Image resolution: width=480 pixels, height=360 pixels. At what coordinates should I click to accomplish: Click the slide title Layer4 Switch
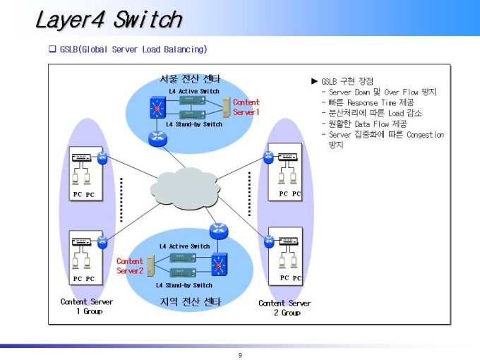(x=109, y=20)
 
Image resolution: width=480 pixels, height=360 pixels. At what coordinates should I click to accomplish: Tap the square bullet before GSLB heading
(x=52, y=49)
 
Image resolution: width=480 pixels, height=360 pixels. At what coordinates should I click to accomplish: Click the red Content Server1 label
(x=246, y=107)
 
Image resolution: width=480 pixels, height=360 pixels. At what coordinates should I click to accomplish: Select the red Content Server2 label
(x=130, y=265)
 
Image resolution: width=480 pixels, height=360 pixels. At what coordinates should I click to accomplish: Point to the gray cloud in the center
(x=185, y=188)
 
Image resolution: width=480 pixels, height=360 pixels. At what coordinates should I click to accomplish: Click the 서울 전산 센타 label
(x=190, y=79)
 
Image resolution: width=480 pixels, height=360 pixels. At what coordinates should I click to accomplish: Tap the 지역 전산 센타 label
(x=191, y=302)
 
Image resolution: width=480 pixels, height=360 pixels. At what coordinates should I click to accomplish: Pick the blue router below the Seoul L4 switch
(x=157, y=138)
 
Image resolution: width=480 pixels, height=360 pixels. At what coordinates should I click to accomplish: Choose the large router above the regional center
(x=219, y=231)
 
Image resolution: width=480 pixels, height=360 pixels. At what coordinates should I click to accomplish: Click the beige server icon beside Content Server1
(x=227, y=107)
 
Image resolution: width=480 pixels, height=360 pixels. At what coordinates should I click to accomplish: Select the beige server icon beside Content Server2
(x=150, y=265)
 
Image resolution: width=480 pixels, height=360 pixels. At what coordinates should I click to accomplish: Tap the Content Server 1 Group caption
(x=87, y=306)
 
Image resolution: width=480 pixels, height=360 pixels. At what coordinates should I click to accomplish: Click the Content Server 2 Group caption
(x=284, y=308)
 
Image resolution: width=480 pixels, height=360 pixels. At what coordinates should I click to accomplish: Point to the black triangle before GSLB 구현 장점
(x=314, y=81)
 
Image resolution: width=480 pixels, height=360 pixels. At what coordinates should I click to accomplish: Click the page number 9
(x=240, y=355)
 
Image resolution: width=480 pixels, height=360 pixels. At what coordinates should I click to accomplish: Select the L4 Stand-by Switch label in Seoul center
(x=194, y=124)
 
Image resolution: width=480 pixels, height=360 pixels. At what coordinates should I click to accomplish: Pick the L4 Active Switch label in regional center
(x=185, y=246)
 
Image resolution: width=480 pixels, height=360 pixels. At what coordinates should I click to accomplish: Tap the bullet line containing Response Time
(x=368, y=102)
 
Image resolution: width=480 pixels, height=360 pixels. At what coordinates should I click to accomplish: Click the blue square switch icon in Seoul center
(x=157, y=108)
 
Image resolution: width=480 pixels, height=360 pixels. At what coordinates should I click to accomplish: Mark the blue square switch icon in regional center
(x=220, y=265)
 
